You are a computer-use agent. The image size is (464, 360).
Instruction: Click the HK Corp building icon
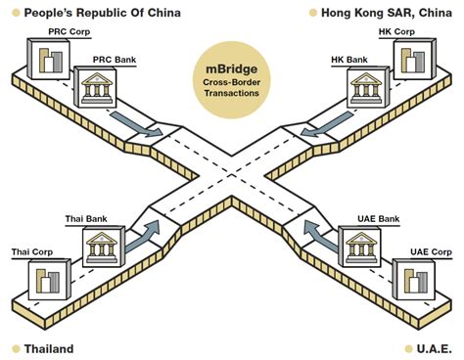(x=410, y=61)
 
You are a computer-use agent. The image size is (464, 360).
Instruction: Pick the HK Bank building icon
(x=364, y=91)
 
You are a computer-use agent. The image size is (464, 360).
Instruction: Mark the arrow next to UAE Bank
(x=318, y=235)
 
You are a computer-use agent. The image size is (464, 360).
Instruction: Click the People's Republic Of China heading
(x=94, y=13)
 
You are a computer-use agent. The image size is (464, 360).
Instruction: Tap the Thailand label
(x=48, y=348)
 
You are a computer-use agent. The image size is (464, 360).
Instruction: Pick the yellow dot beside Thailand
(x=15, y=348)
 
